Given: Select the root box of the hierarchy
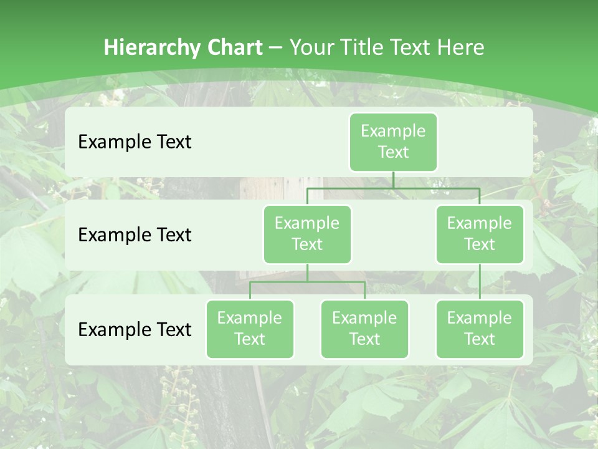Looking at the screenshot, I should [x=393, y=142].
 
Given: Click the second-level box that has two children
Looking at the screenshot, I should [x=307, y=234].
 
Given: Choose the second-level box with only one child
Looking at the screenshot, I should [x=480, y=234].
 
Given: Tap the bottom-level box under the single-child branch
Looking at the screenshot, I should [x=480, y=329].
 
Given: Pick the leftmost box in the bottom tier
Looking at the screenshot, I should [x=250, y=329].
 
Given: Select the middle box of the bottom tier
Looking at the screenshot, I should [x=364, y=329].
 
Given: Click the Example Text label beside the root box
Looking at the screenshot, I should [x=135, y=142].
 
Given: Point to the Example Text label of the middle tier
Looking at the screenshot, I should [x=135, y=235].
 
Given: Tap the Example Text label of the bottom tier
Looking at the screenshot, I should [x=135, y=329].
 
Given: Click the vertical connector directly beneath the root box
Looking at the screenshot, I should [x=393, y=180].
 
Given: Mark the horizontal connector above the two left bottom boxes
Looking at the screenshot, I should [x=307, y=282].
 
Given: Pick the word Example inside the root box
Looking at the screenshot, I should [x=393, y=132].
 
